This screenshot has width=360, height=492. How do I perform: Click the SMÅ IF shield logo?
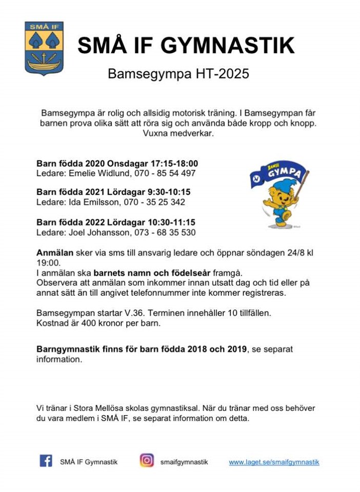tap(44, 48)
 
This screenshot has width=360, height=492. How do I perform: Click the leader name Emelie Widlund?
tap(99, 173)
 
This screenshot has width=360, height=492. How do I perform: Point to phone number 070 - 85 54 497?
tap(165, 173)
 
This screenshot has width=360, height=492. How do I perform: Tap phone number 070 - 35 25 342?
tap(154, 202)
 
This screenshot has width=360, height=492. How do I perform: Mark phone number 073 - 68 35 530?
tap(165, 233)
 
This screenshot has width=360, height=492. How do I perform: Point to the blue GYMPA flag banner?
tap(279, 173)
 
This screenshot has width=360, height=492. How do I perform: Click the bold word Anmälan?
tap(55, 253)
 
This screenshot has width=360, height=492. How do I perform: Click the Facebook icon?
tap(46, 461)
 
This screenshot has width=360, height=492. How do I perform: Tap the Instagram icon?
tap(147, 461)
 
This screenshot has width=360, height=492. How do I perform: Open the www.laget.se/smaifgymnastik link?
tap(274, 462)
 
